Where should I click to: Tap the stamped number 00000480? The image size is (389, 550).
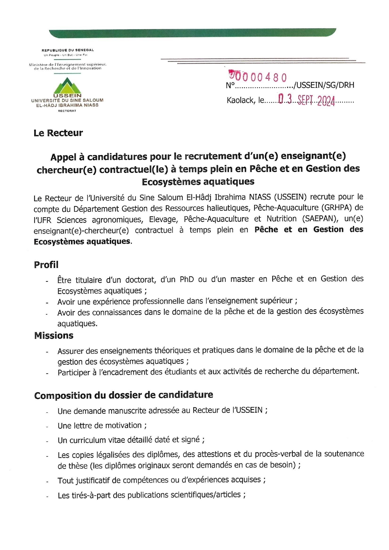coord(258,77)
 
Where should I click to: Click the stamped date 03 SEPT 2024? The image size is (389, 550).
coord(306,100)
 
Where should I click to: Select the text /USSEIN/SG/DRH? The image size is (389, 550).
coord(325,85)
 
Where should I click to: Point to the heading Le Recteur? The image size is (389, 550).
coord(58,133)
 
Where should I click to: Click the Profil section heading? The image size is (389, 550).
coord(46,264)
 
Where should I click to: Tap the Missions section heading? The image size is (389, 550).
coord(54,335)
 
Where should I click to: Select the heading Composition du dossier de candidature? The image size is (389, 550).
coord(124,395)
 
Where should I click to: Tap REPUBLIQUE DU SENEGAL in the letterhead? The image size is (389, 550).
coord(68,50)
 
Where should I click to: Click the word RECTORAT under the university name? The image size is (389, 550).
coord(67,111)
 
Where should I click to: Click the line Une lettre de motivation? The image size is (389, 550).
coord(102,425)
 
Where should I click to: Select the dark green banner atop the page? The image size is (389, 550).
coord(192,33)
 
